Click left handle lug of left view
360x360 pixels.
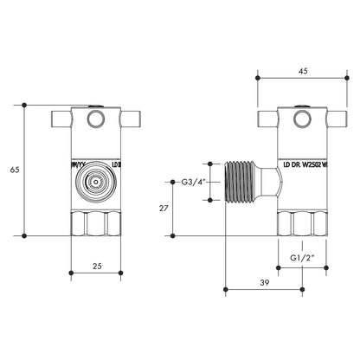pyautogui.click(x=62, y=116)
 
